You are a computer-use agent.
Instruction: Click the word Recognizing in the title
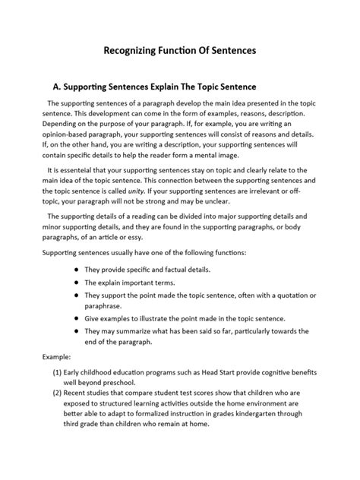131,52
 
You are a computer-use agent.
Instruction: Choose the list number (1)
55,373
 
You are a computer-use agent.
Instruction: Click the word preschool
131,384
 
